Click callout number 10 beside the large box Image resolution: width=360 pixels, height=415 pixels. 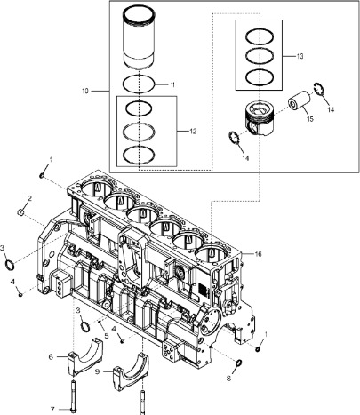[x=85, y=91]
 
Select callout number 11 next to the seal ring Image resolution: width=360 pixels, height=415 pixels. [x=172, y=84]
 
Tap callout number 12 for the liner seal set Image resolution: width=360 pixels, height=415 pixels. [x=193, y=131]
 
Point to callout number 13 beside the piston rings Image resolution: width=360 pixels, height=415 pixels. [x=300, y=56]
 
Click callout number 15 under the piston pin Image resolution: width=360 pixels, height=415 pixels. [x=310, y=119]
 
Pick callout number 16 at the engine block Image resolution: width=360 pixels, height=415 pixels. [x=259, y=254]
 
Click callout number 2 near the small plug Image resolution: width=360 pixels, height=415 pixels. [x=29, y=198]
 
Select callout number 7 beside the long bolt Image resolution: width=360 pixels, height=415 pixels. [x=52, y=410]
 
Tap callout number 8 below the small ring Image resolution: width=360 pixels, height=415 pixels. [x=228, y=379]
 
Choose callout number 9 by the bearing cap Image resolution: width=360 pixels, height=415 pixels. [x=97, y=371]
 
